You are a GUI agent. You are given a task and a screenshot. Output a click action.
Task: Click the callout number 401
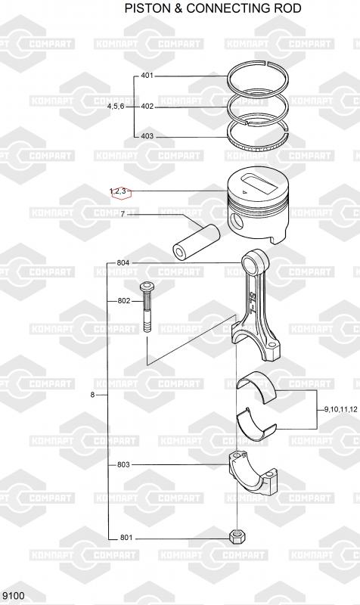tap(147, 76)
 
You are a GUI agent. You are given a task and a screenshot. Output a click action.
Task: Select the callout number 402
tap(147, 106)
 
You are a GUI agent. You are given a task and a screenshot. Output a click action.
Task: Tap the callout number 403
tap(147, 136)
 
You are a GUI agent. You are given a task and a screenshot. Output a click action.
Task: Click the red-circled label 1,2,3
tap(118, 191)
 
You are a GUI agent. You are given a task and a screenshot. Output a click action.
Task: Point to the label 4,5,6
tap(116, 106)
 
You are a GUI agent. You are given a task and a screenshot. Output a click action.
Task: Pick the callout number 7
tap(123, 214)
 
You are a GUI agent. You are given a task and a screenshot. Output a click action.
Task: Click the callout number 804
tap(123, 263)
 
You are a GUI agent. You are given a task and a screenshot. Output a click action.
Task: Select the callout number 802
tap(124, 301)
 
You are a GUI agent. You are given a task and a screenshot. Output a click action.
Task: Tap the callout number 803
tap(123, 464)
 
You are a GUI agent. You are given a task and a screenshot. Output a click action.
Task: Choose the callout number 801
tap(126, 538)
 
